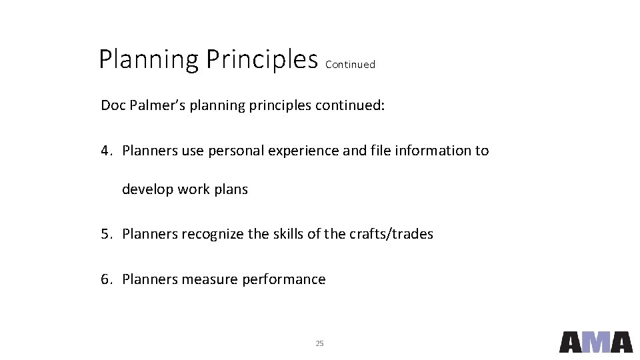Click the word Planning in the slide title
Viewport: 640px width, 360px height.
click(148, 60)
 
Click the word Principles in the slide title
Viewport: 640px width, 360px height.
click(261, 60)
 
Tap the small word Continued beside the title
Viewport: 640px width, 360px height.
click(350, 65)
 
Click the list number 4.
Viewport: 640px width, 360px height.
click(105, 151)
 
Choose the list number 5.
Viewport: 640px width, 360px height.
click(105, 234)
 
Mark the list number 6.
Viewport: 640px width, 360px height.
click(105, 279)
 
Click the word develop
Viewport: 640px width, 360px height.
click(147, 189)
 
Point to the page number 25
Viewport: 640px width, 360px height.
click(319, 343)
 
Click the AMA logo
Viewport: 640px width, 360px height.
click(595, 341)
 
